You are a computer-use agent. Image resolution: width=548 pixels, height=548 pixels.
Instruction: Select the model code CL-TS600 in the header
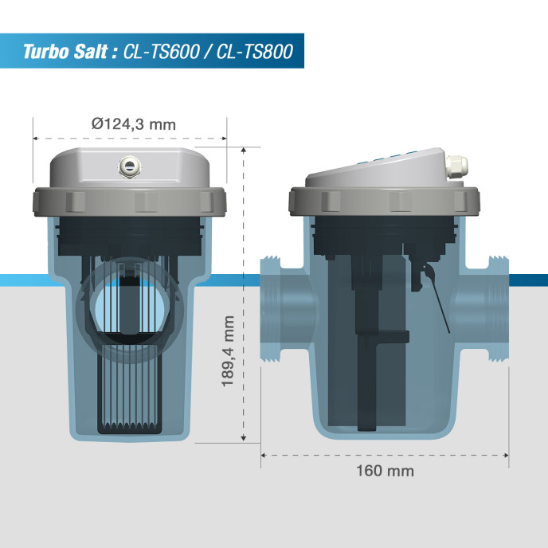click(162, 53)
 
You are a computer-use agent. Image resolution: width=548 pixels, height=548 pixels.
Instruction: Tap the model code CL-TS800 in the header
click(253, 53)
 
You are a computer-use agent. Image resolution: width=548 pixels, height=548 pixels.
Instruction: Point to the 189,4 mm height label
click(229, 351)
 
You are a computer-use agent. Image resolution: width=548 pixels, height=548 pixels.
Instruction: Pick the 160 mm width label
click(385, 470)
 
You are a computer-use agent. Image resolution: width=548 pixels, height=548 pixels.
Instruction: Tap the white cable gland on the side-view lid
click(456, 166)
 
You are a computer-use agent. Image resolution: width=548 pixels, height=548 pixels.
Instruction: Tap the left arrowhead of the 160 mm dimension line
click(264, 456)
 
